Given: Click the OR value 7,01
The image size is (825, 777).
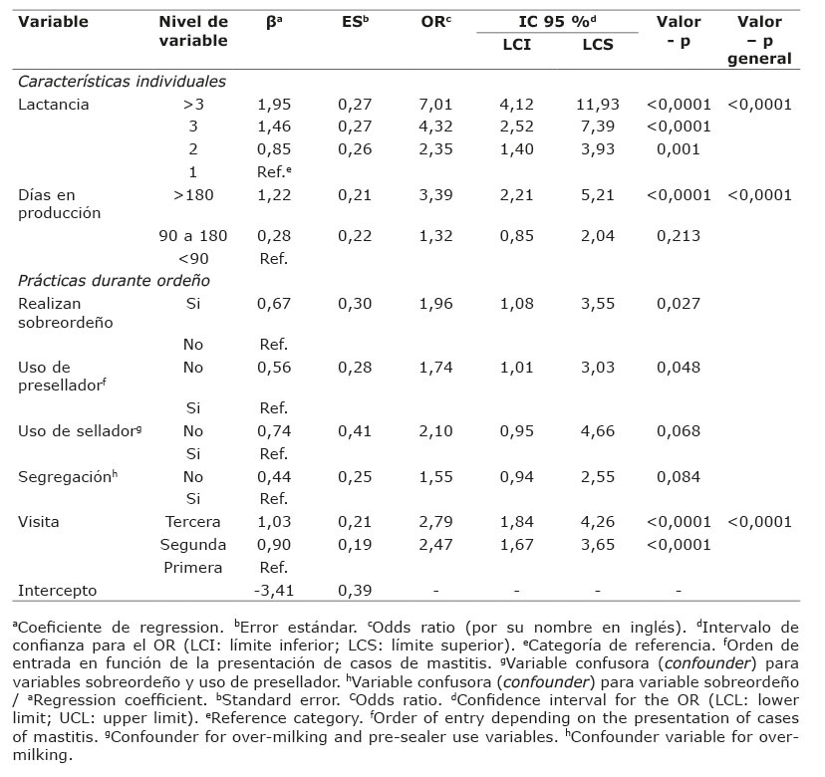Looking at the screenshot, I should click(x=435, y=105).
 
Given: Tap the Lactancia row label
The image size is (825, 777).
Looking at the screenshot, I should click(x=54, y=105).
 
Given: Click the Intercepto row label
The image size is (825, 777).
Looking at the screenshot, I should click(x=58, y=590).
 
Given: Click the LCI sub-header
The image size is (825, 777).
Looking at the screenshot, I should click(x=516, y=44).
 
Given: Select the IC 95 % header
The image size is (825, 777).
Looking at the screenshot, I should click(x=556, y=22).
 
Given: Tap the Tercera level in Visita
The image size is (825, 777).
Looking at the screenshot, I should click(x=193, y=522).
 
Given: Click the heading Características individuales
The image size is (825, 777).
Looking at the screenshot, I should click(x=123, y=82).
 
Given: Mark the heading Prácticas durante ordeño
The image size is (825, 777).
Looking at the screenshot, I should click(x=114, y=281).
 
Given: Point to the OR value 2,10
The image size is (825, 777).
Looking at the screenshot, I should click(x=435, y=430).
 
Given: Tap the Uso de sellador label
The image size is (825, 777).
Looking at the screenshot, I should click(x=76, y=430).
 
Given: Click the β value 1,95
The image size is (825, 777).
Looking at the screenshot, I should click(x=274, y=105).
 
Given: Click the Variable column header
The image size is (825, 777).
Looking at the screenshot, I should click(x=54, y=22).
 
